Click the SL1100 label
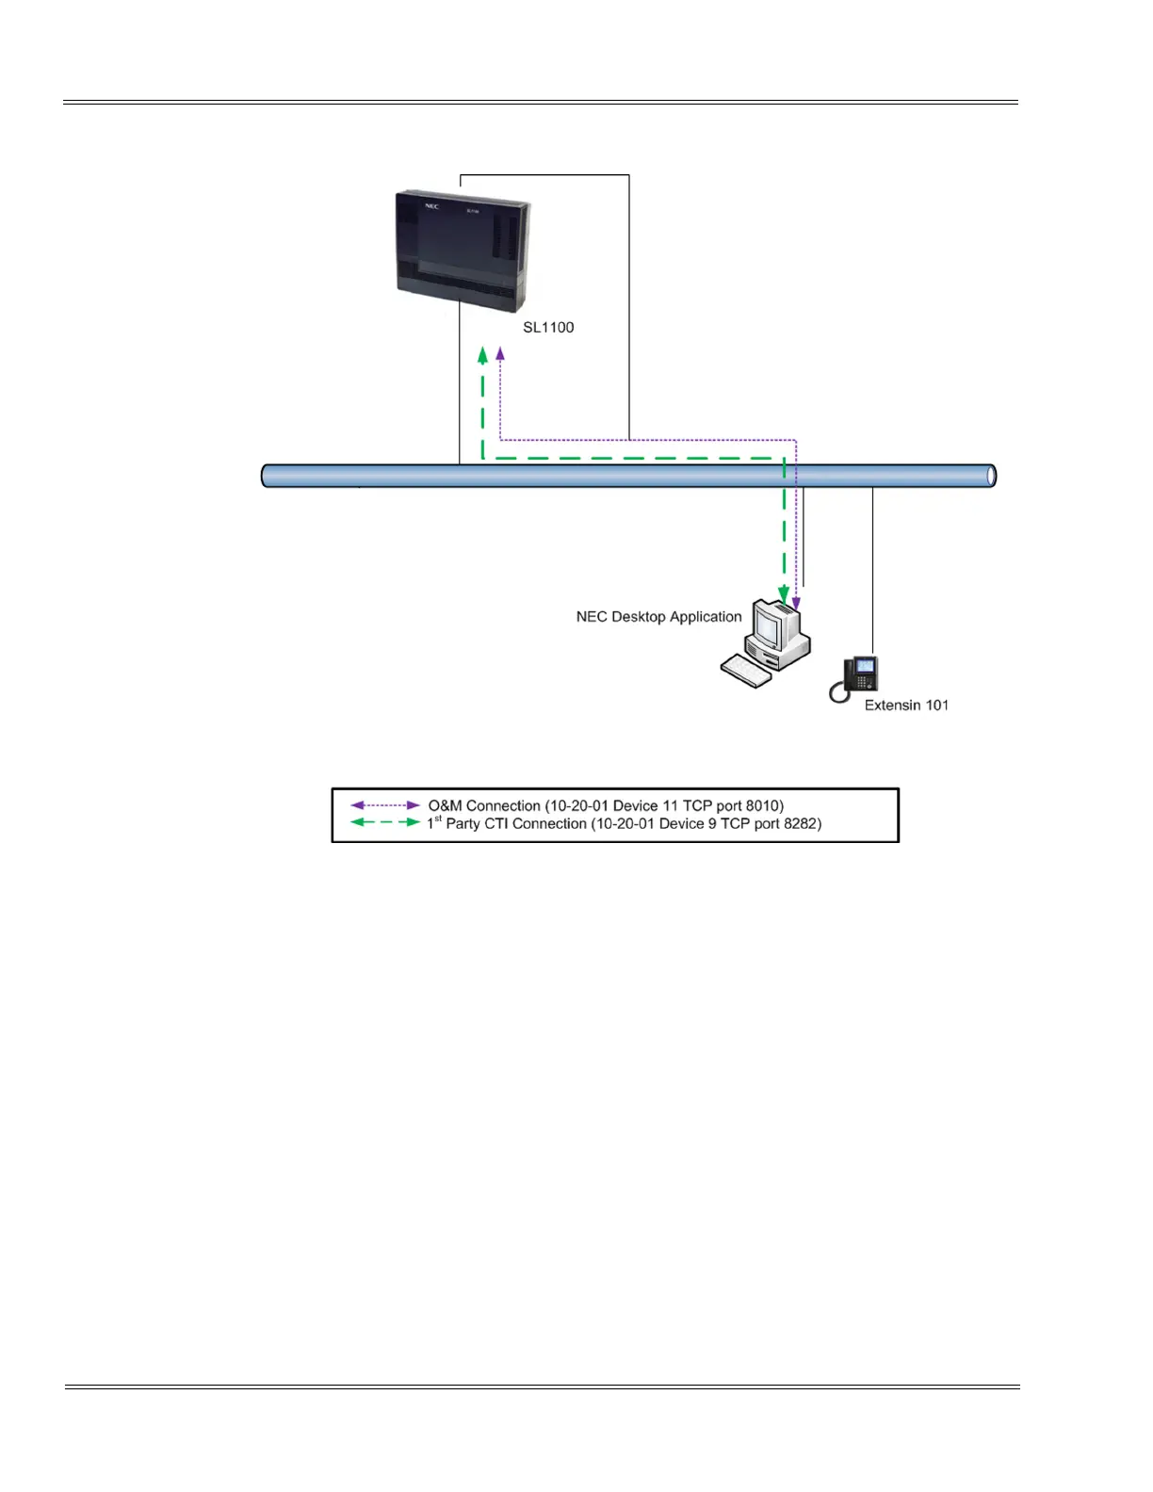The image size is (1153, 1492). click(548, 328)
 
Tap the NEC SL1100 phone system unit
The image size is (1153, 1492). click(463, 251)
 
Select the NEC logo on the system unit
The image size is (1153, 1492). click(430, 206)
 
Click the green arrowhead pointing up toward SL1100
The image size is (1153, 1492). click(483, 355)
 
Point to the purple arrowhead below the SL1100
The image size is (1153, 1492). click(500, 354)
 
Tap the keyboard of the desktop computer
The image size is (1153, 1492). click(745, 671)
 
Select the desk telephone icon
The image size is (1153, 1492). click(854, 679)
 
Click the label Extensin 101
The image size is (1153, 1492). click(906, 705)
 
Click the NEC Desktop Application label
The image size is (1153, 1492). click(658, 617)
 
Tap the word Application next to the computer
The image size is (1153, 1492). click(705, 617)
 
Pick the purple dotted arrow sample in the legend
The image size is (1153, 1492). click(385, 805)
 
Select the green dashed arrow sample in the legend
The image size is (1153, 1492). click(385, 822)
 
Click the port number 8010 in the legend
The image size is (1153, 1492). click(762, 806)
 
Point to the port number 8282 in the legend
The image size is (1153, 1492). click(801, 824)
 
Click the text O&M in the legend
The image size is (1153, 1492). click(445, 806)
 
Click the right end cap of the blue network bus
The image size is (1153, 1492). click(990, 476)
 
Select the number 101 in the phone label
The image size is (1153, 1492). click(935, 705)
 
